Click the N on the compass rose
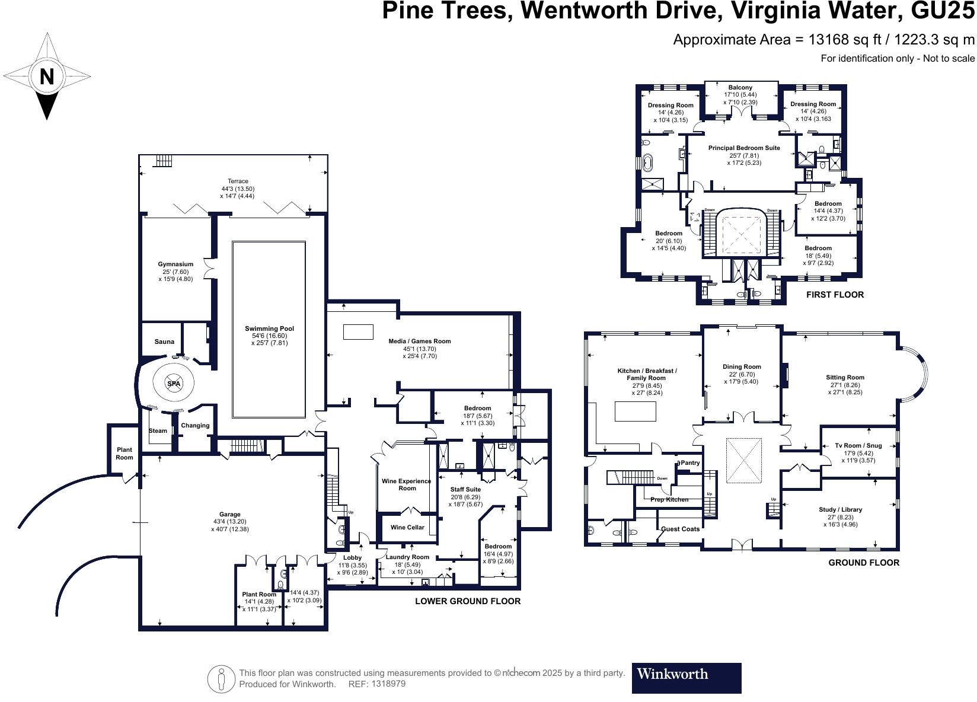click(47, 76)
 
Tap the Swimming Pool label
click(269, 328)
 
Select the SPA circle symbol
click(173, 384)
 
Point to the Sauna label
click(164, 342)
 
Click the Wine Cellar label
click(407, 527)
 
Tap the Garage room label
click(230, 515)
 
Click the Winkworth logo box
click(686, 678)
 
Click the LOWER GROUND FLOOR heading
click(467, 601)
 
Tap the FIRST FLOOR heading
click(835, 295)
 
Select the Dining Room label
click(742, 367)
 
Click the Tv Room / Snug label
click(858, 446)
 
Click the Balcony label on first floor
click(740, 88)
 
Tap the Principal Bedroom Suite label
click(744, 148)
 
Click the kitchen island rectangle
click(636, 411)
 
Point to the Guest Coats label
click(680, 529)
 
